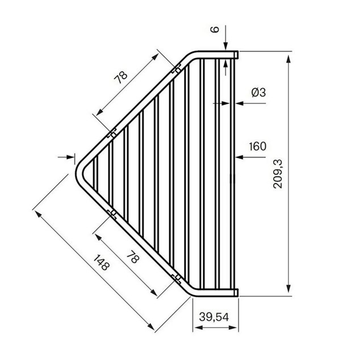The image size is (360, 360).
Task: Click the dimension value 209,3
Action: pyautogui.click(x=278, y=174)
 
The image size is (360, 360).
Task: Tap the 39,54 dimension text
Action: pyautogui.click(x=214, y=317)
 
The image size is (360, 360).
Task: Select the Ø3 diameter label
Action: pyautogui.click(x=258, y=93)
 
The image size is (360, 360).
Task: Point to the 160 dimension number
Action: pyautogui.click(x=258, y=146)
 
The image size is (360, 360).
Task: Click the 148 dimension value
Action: pyautogui.click(x=101, y=262)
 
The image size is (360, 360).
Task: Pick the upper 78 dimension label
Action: pyautogui.click(x=121, y=77)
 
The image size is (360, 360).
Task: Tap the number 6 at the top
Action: pyautogui.click(x=215, y=30)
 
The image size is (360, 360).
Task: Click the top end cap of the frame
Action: pyautogui.click(x=236, y=55)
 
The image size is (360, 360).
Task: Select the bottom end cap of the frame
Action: pyautogui.click(x=236, y=292)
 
